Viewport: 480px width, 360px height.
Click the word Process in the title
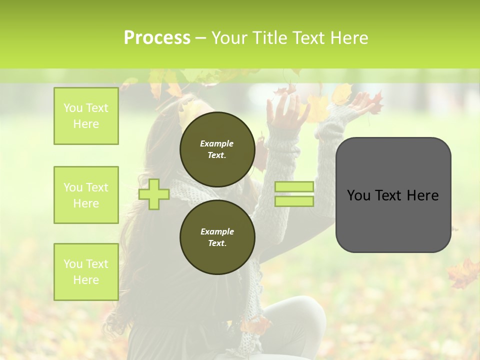157,38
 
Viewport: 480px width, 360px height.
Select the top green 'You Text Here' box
86,116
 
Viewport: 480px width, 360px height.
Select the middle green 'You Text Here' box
86,195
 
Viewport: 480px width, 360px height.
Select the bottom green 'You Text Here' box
86,272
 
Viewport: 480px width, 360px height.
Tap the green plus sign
154,194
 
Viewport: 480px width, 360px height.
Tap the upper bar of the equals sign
294,187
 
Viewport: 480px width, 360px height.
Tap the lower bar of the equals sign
294,201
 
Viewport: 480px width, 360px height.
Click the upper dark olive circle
217,149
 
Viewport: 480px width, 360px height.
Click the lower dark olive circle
217,237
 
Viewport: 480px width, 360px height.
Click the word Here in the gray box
423,195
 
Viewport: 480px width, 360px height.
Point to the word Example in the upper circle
216,143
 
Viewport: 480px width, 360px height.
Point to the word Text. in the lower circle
217,243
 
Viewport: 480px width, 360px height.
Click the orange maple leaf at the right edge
464,272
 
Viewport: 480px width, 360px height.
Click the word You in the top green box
73,108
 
